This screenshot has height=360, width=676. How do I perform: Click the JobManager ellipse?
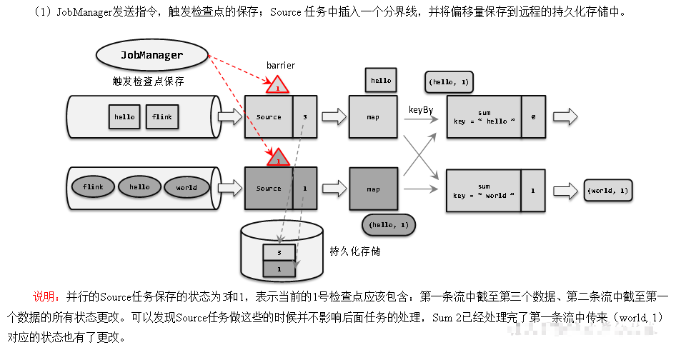pos(151,55)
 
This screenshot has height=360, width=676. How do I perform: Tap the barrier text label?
pos(280,65)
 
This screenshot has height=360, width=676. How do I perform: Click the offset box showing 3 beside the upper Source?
pos(304,116)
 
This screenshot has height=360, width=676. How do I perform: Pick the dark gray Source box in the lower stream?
pos(269,189)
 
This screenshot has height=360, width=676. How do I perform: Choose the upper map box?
pos(372,116)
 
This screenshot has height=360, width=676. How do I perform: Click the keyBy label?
pos(421,109)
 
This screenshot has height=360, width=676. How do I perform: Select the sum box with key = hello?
pos(484,116)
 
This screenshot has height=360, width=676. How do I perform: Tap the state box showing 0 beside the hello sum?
pos(533,116)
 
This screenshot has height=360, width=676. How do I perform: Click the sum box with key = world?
pos(484,191)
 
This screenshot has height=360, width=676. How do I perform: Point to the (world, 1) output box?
pos(608,191)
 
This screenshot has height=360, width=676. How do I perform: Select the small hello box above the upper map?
pos(381,80)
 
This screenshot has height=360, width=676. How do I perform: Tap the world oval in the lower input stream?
pos(186,188)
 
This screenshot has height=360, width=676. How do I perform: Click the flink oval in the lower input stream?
pos(93,187)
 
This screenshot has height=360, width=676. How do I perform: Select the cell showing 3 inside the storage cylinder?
pos(279,252)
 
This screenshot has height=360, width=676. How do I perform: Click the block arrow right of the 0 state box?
pos(564,116)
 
